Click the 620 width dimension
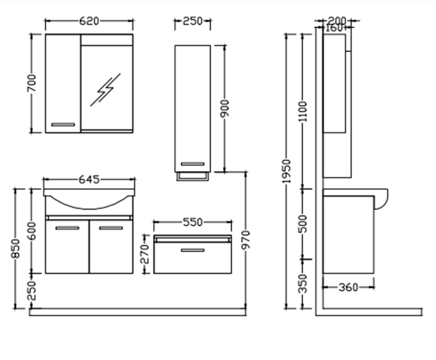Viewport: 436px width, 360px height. [89, 21]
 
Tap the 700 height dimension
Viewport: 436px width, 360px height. [32, 83]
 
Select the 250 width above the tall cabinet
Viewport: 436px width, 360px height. [193, 21]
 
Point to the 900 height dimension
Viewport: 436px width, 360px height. [225, 108]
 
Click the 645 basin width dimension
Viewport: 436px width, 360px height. [89, 180]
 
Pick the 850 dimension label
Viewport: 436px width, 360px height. [15, 248]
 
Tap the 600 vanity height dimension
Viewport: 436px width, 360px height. [32, 231]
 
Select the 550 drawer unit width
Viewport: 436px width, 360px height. [193, 222]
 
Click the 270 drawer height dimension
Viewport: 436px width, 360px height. [145, 254]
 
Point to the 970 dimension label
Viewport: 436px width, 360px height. [246, 240]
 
